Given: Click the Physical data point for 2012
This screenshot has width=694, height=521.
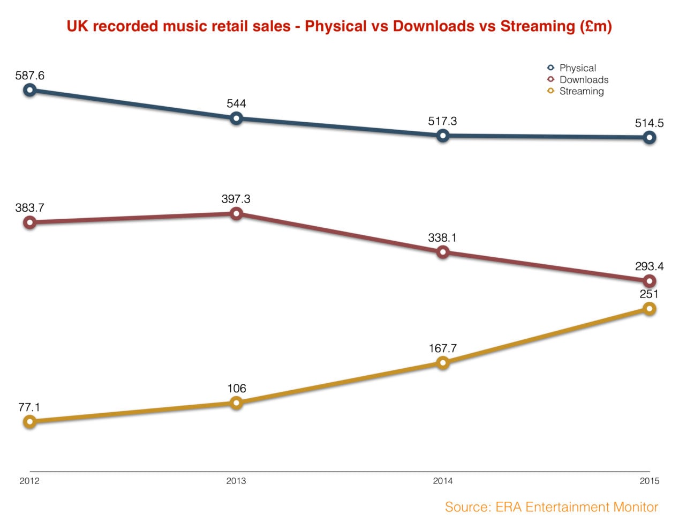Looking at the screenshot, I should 30,90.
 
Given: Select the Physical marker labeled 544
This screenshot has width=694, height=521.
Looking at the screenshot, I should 236,118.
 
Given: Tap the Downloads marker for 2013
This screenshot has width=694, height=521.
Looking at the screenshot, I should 236,214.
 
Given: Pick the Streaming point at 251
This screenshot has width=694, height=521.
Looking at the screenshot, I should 649,309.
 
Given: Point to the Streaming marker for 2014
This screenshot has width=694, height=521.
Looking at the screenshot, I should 443,363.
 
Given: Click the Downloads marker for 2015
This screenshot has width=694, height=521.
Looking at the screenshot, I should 649,281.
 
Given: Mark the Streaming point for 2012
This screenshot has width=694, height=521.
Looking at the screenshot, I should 30,422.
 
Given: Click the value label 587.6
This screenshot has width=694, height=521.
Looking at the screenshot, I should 30,76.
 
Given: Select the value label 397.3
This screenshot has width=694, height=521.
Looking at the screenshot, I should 236,199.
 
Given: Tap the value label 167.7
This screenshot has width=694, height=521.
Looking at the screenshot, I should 443,348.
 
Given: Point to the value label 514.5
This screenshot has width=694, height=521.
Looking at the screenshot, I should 649,123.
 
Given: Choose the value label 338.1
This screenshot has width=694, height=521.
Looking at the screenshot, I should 443,237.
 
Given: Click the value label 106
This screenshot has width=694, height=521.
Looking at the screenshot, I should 236,389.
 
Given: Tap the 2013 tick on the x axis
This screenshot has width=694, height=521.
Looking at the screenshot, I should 236,481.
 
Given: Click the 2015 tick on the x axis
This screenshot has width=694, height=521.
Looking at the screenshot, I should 649,481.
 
